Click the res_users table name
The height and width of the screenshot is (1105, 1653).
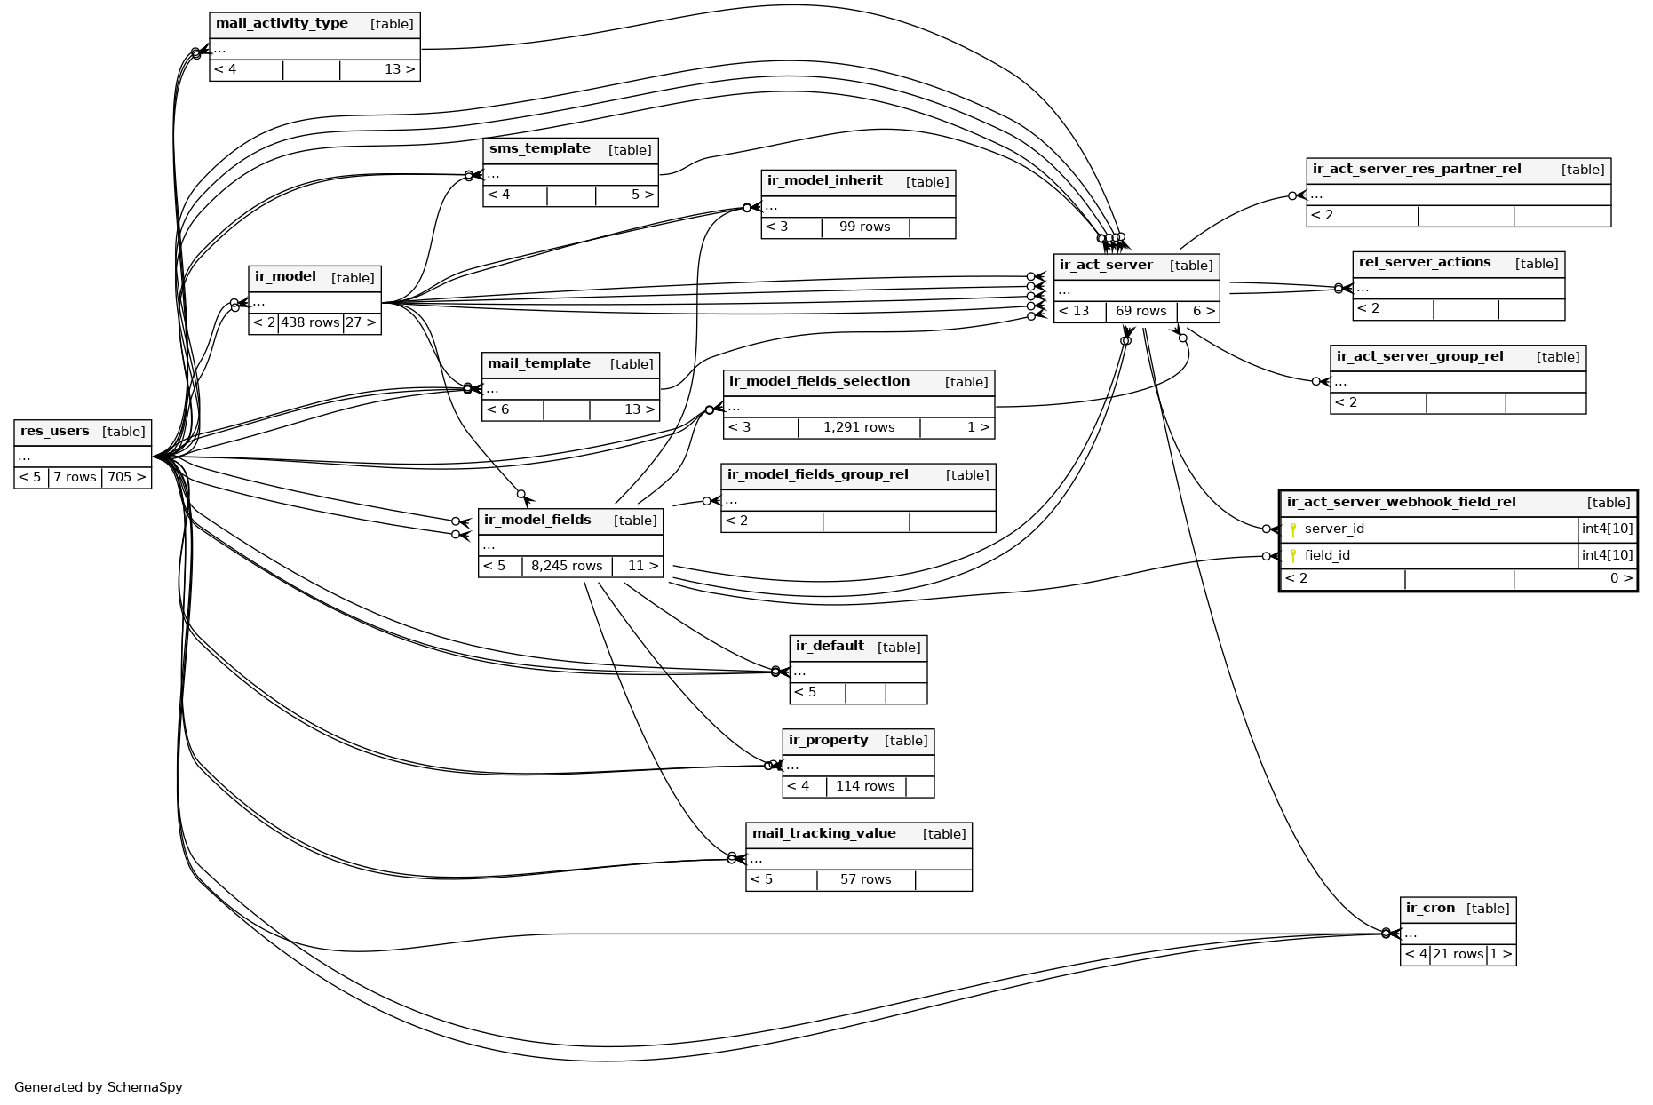point(55,432)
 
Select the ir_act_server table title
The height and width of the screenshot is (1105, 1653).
point(1106,265)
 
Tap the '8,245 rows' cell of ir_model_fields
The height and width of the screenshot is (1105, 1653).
point(567,566)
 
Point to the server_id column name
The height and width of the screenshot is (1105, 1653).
point(1334,529)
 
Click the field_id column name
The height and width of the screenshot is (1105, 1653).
point(1327,556)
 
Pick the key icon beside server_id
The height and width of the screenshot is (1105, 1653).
point(1293,529)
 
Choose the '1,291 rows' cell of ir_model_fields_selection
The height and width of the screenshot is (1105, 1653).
point(859,427)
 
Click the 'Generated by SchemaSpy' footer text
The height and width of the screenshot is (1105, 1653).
point(99,1087)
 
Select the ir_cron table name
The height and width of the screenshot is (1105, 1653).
point(1430,908)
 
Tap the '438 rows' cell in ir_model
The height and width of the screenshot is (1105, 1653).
point(310,322)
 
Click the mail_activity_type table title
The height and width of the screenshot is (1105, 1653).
point(282,23)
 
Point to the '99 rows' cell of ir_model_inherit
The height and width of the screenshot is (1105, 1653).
point(864,227)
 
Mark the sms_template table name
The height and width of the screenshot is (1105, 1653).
point(539,148)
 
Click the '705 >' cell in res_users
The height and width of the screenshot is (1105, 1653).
point(126,477)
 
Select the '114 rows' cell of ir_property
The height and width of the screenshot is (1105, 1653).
point(865,786)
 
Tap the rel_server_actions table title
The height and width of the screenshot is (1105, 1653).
point(1424,262)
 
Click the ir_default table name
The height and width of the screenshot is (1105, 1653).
point(830,646)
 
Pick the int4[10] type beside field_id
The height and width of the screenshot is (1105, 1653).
point(1607,556)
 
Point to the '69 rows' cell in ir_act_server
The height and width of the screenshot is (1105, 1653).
point(1140,311)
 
